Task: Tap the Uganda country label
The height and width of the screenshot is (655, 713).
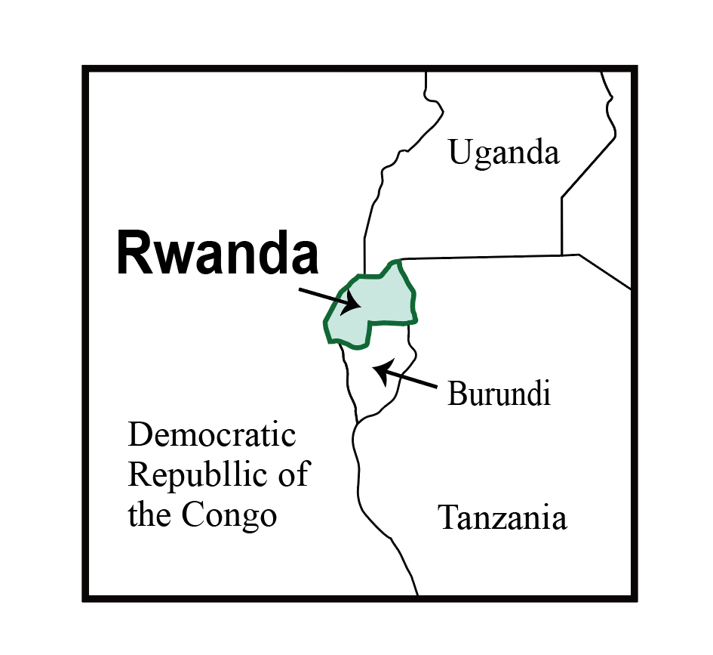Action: (504, 153)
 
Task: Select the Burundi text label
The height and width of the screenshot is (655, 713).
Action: (498, 394)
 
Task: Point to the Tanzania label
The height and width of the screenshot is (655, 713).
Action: (502, 518)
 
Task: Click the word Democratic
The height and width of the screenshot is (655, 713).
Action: (212, 436)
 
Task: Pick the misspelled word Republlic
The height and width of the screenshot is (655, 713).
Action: (198, 476)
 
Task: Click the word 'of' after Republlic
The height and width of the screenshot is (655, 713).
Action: (294, 476)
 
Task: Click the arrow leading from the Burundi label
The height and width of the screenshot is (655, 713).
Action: (407, 378)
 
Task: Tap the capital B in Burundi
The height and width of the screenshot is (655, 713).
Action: (456, 394)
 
